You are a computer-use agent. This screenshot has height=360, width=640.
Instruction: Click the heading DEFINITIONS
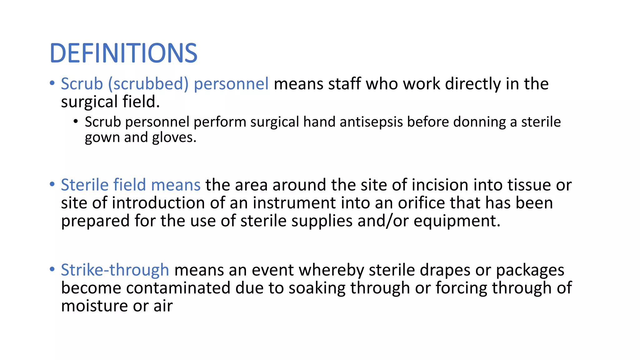click(x=123, y=53)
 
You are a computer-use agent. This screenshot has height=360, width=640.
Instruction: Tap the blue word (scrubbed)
click(x=148, y=84)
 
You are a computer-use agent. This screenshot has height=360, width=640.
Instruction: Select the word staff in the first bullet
click(x=344, y=84)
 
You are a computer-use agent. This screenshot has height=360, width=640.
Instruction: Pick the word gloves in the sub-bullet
click(x=174, y=137)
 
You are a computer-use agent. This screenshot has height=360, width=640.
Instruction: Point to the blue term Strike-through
click(x=115, y=270)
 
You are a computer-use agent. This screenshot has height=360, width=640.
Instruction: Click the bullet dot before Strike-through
click(x=52, y=269)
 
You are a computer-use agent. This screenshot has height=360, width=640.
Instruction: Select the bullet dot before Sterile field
click(x=52, y=184)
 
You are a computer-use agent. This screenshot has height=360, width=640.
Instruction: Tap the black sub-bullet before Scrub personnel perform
click(x=76, y=122)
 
